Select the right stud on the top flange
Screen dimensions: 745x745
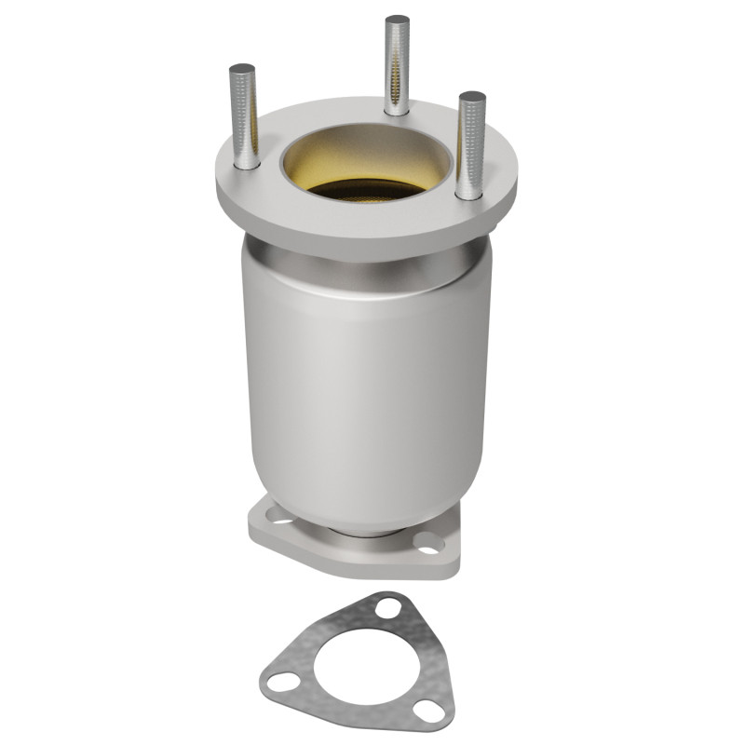point(471,144)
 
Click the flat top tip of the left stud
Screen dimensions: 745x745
point(242,69)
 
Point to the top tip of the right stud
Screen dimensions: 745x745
point(472,96)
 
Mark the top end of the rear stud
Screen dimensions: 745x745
point(398,20)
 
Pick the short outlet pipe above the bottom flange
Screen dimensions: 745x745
point(363,533)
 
